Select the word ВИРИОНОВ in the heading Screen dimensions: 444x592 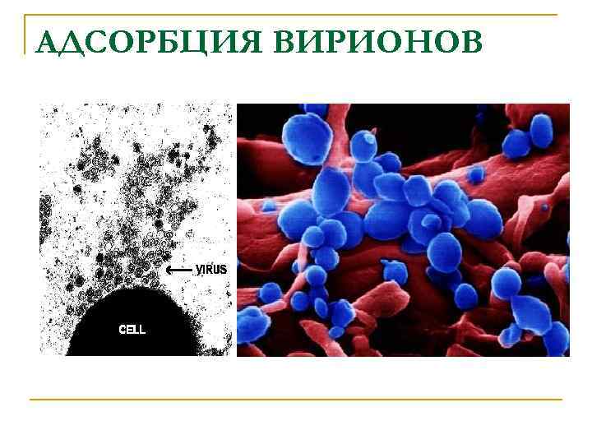coord(378,41)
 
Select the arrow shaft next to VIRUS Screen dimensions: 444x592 coord(183,270)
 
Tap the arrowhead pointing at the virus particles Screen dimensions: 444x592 coord(169,270)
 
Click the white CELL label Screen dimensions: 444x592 coord(132,330)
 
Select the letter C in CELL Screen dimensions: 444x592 coord(123,330)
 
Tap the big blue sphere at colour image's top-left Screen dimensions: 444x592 coord(310,140)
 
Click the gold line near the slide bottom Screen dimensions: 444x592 coord(296,400)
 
